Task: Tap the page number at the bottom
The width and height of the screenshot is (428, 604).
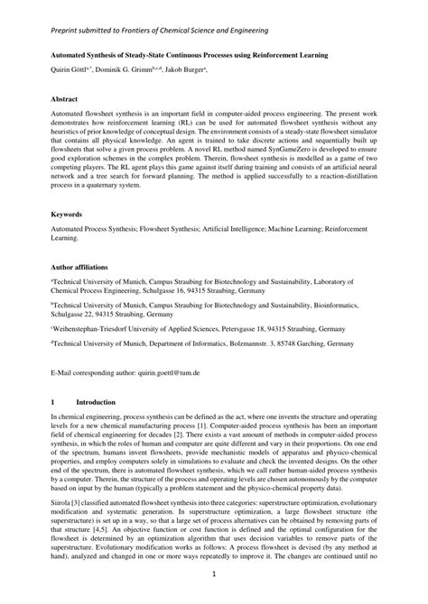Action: pos(214,572)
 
